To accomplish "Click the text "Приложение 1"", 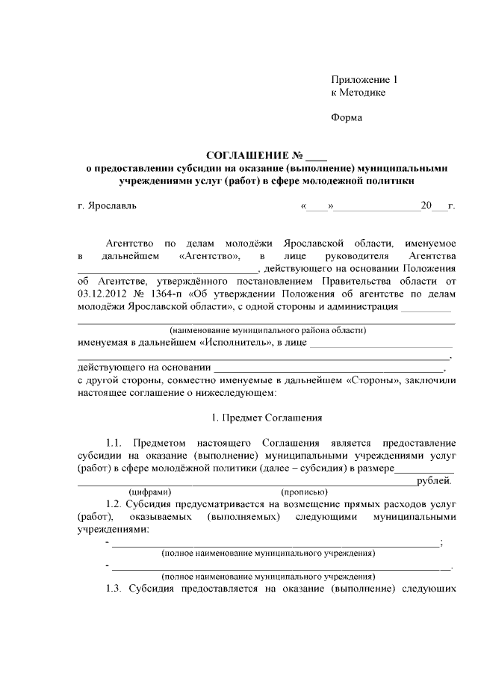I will click(366, 79).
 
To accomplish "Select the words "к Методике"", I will click(358, 92).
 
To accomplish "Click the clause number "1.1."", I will click(119, 442).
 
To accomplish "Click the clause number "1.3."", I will click(119, 589).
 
